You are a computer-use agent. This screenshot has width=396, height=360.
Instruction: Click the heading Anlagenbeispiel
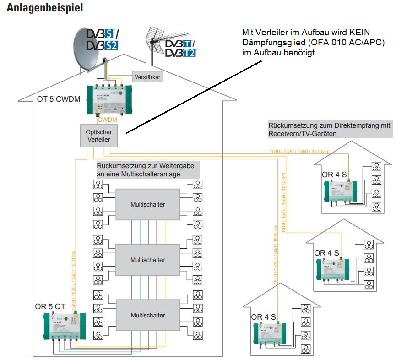click(45, 9)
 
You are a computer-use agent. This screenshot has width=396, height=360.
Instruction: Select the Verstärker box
click(147, 77)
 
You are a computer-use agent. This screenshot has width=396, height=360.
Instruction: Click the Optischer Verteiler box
click(98, 136)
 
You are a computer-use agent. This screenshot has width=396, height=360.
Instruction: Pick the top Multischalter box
click(147, 204)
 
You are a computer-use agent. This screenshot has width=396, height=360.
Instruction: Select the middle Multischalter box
click(147, 260)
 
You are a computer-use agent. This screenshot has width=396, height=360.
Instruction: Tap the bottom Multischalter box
click(147, 315)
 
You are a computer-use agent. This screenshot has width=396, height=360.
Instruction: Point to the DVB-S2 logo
click(102, 45)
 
